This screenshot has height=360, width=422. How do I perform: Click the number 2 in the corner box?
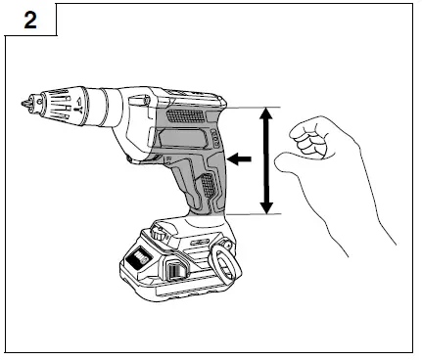[30, 21]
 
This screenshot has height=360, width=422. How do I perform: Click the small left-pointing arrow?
[238, 157]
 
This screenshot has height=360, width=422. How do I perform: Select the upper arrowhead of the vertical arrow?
[265, 113]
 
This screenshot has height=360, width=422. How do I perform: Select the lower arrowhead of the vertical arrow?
[265, 207]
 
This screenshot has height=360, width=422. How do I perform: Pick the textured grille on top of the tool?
[189, 114]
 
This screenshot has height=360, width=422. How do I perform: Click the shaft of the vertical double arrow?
[265, 161]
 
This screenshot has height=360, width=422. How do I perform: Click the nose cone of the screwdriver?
[49, 102]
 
